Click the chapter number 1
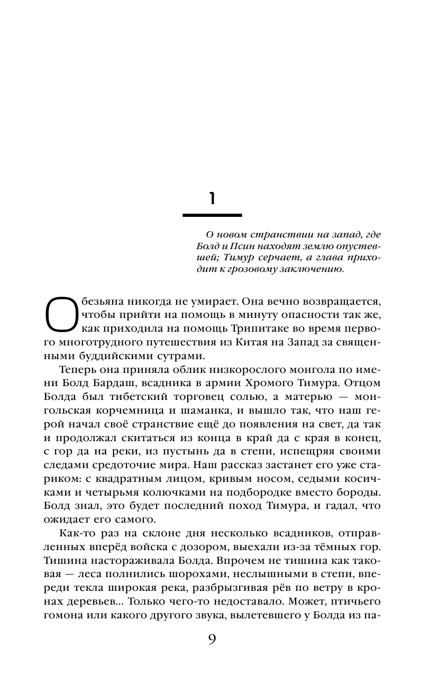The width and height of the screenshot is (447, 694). pos(212,198)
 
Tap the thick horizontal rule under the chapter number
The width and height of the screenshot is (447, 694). pos(212,215)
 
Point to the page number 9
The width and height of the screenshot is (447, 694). pos(212,639)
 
